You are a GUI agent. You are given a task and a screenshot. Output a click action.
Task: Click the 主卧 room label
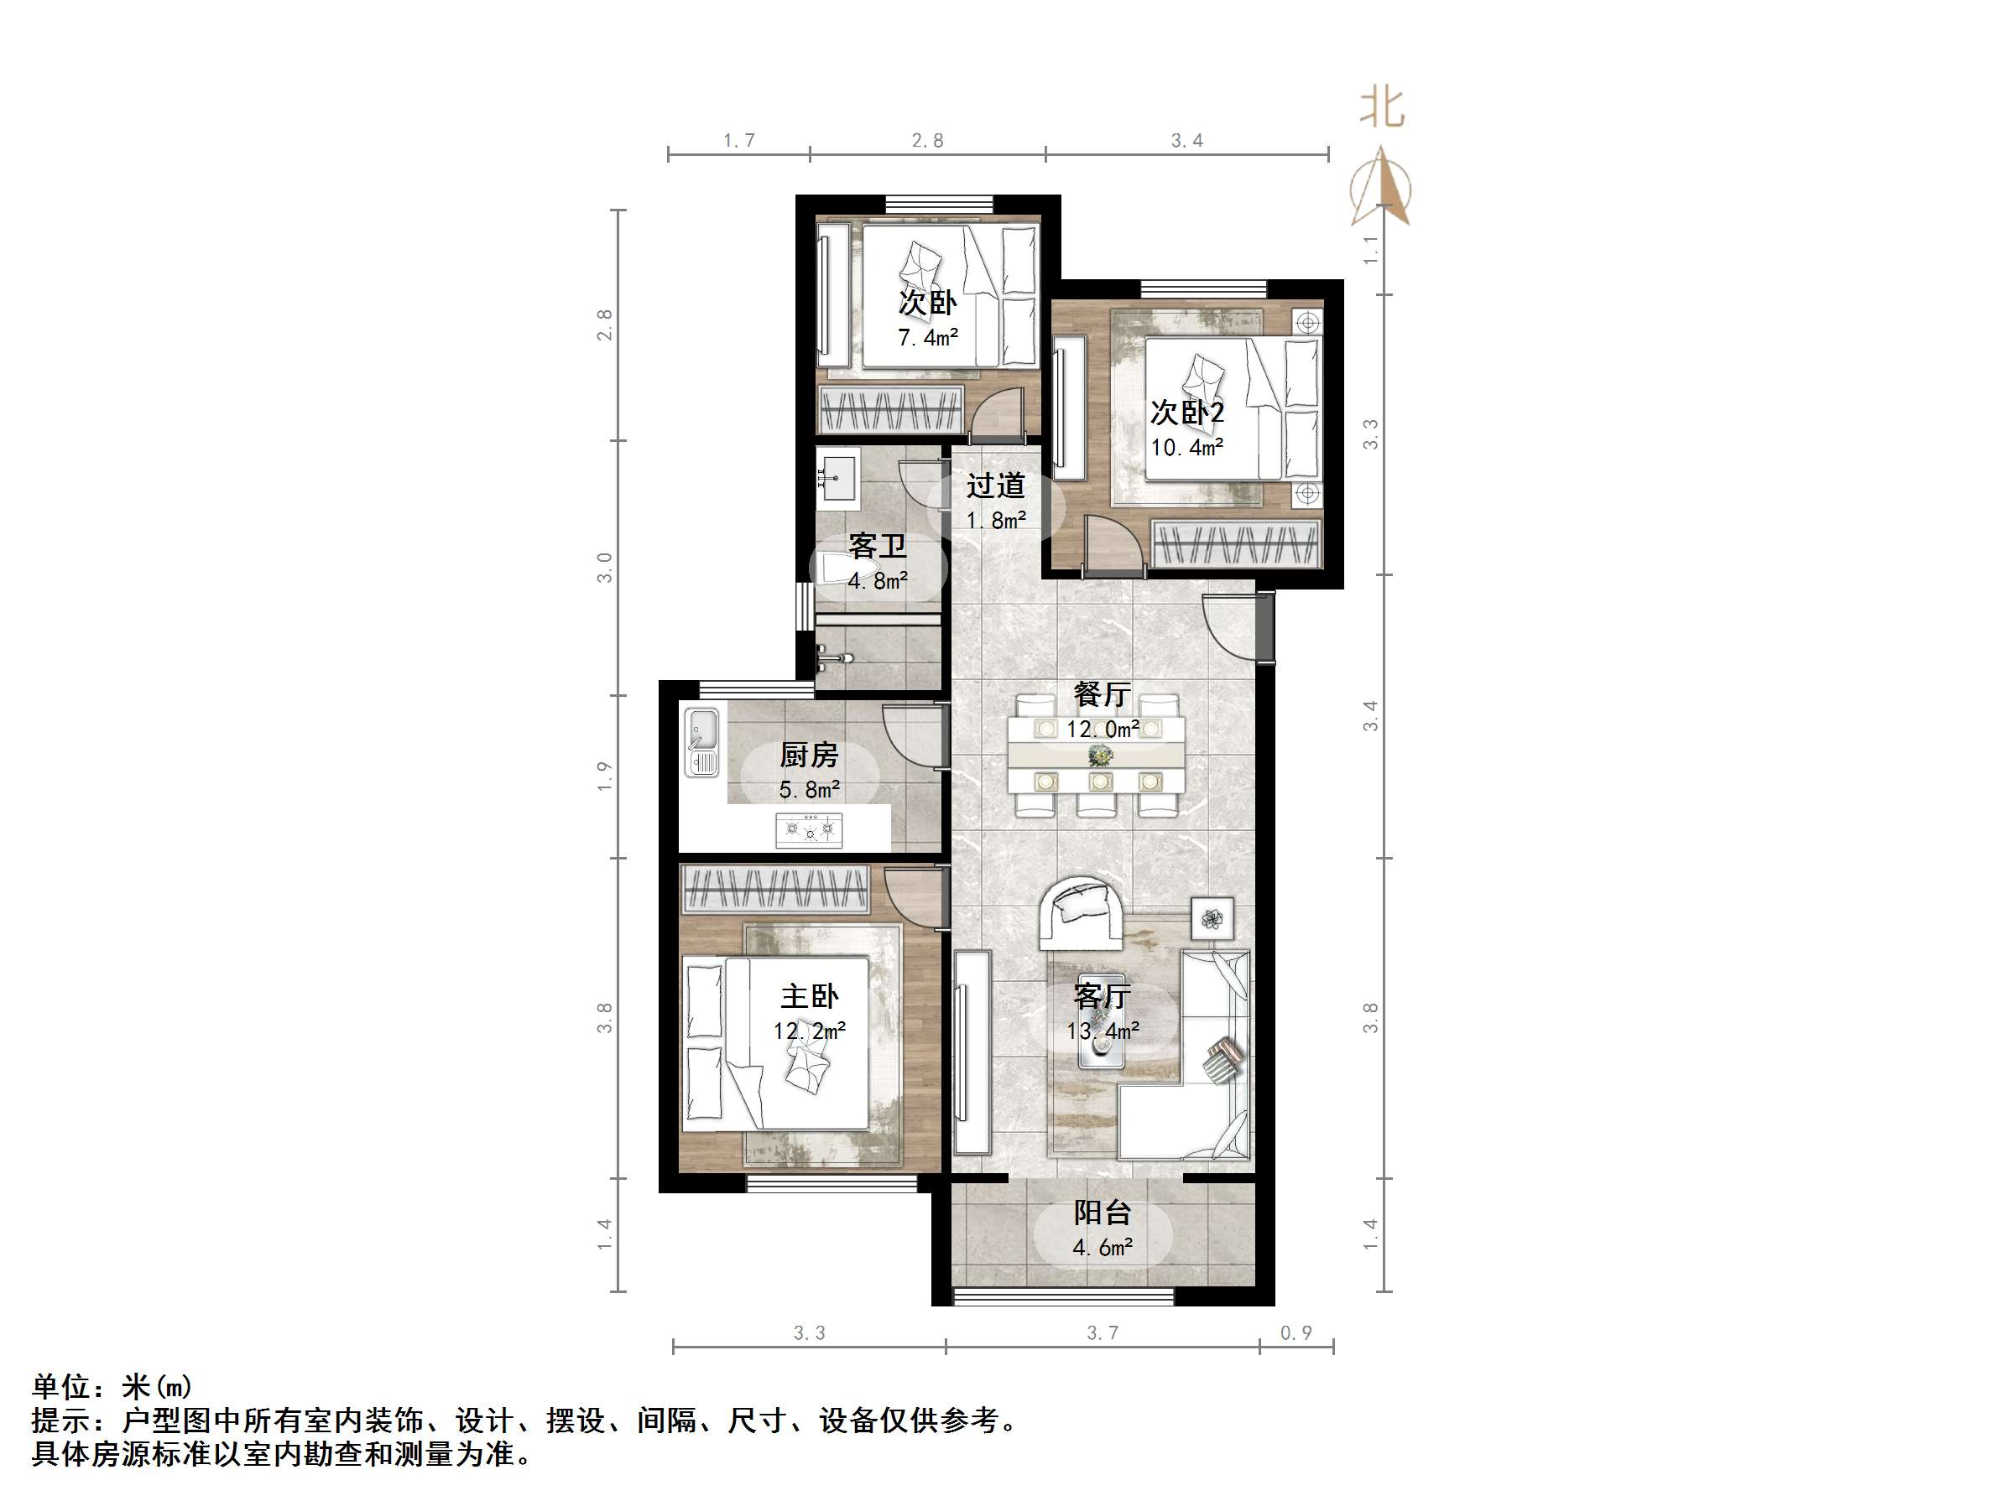coord(809,996)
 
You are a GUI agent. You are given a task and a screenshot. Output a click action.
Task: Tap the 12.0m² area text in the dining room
coord(1102,730)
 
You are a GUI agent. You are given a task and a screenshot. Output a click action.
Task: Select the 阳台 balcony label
coord(1103,1213)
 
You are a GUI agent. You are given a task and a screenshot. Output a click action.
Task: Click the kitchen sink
coord(701,742)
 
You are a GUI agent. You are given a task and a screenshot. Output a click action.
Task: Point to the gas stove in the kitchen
coord(808,828)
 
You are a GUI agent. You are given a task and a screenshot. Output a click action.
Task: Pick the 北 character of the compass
coord(1382,107)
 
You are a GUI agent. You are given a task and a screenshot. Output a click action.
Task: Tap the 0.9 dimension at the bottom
coord(1296,1332)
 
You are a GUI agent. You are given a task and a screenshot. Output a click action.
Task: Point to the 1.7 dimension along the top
coord(738,140)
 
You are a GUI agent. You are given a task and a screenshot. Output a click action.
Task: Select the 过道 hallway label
coord(994,486)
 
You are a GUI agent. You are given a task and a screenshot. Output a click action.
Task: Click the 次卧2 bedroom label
coord(1186,413)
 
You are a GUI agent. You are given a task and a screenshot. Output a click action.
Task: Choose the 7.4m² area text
coord(928,337)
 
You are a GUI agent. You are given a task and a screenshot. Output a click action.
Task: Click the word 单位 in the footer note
coord(61,1386)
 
